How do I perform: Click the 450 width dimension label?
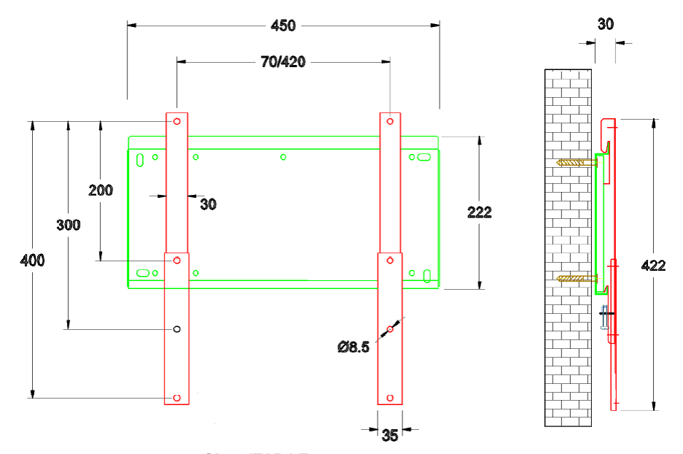coord(284,26)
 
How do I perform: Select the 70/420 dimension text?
coord(283,62)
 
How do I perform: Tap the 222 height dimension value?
coord(480,212)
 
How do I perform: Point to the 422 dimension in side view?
coord(652,266)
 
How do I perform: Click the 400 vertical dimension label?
coord(32,261)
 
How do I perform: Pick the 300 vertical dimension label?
coord(69,225)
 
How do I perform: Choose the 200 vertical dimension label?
coord(101,190)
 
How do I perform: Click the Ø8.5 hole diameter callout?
coord(354,347)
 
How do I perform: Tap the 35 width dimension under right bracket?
coord(390,436)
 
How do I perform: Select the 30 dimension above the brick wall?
coord(605,24)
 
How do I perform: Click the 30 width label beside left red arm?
coord(208,204)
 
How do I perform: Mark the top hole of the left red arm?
coord(176,122)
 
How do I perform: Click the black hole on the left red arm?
coord(176,329)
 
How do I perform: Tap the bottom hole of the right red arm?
coord(390,398)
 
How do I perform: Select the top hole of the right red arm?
coord(390,121)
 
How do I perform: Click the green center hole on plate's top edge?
coord(284,157)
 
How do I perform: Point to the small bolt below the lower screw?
coord(604,320)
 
